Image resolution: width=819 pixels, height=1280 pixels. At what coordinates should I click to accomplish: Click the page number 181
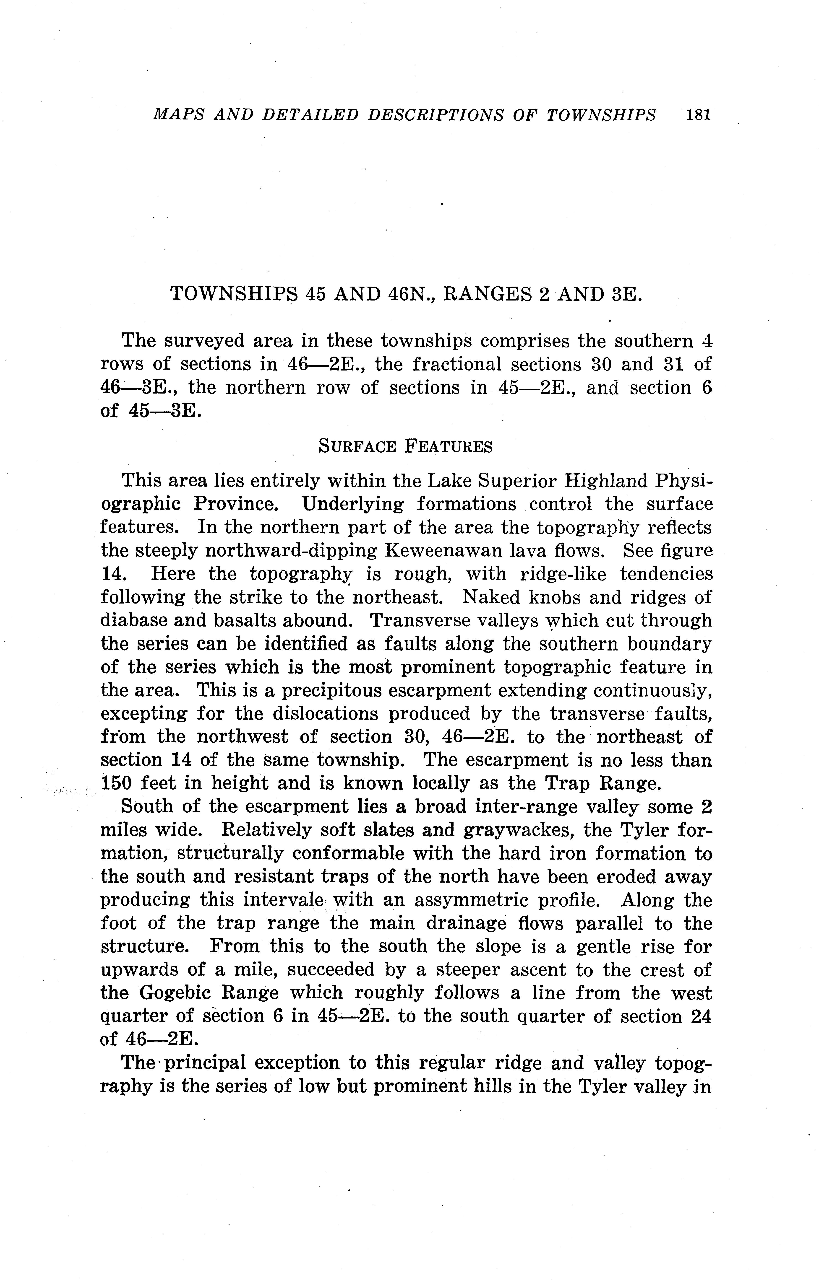point(698,115)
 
